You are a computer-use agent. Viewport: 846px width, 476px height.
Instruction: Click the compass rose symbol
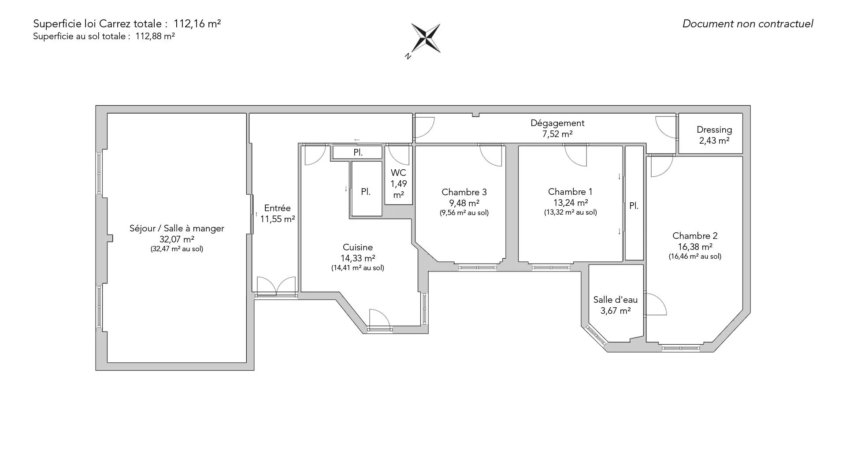pyautogui.click(x=426, y=38)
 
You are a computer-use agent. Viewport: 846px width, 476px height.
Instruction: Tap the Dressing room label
pyautogui.click(x=714, y=130)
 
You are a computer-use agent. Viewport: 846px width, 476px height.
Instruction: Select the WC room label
pyautogui.click(x=398, y=173)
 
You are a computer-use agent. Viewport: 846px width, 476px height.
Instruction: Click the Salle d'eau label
pyautogui.click(x=615, y=300)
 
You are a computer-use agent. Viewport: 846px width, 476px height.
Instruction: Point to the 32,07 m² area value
pyautogui.click(x=177, y=239)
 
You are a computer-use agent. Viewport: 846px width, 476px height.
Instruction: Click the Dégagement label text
pyautogui.click(x=557, y=123)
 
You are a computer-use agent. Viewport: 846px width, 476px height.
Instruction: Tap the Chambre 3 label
pyautogui.click(x=464, y=192)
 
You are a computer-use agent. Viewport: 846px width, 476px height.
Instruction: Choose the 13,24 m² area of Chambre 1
pyautogui.click(x=570, y=203)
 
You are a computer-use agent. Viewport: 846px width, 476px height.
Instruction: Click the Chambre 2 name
pyautogui.click(x=695, y=236)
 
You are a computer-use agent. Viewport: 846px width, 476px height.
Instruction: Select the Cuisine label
pyautogui.click(x=358, y=247)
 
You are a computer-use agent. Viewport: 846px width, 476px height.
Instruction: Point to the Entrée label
pyautogui.click(x=277, y=208)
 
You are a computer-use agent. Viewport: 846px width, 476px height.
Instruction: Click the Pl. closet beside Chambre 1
pyautogui.click(x=634, y=206)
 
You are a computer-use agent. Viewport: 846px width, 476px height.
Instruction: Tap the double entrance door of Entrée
pyautogui.click(x=276, y=286)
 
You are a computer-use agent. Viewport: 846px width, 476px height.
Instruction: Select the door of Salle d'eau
pyautogui.click(x=656, y=305)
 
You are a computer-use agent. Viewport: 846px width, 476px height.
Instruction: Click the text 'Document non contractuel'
pyautogui.click(x=748, y=24)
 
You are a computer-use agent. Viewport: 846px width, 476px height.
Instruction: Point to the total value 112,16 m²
pyautogui.click(x=197, y=24)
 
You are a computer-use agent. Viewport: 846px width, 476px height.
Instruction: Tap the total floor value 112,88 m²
pyautogui.click(x=155, y=37)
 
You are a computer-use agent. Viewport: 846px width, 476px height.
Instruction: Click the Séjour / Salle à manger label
pyautogui.click(x=177, y=228)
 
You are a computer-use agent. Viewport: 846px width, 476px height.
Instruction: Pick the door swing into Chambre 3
pyautogui.click(x=490, y=156)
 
